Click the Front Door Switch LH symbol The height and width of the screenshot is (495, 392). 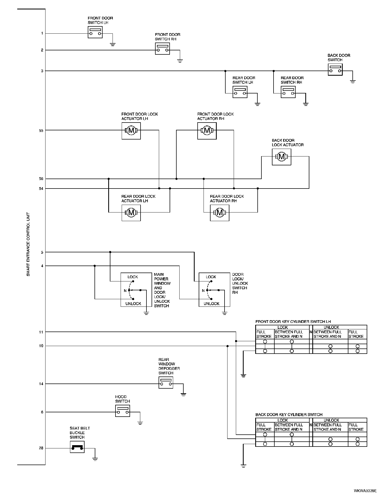pos(95,32)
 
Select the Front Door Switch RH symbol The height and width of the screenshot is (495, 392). pos(162,49)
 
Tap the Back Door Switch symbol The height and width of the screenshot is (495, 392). pos(335,69)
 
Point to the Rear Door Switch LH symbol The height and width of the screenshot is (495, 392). pos(240,92)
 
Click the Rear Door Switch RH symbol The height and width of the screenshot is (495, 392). pos(288,92)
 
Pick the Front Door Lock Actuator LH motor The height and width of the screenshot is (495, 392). pos(131,131)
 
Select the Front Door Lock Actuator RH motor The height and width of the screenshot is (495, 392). pos(207,131)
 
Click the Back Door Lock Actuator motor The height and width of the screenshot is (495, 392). pos(282,157)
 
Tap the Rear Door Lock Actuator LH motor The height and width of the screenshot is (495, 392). pos(131,213)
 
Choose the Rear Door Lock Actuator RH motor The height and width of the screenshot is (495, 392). pos(220,213)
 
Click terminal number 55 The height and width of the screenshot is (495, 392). pos(41,130)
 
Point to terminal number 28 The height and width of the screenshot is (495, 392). pos(41,448)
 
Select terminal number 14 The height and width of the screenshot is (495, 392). pos(41,384)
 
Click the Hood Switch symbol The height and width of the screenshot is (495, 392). pos(122,411)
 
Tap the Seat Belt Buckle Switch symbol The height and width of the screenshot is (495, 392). pos(77,447)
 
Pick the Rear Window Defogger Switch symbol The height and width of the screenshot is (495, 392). pos(166,382)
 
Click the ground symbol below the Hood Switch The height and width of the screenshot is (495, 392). pos(140,423)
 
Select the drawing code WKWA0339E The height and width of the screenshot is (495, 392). pos(365,491)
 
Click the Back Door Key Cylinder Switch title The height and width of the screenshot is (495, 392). pos(289,415)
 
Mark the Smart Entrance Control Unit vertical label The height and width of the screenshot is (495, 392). pos(28,244)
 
